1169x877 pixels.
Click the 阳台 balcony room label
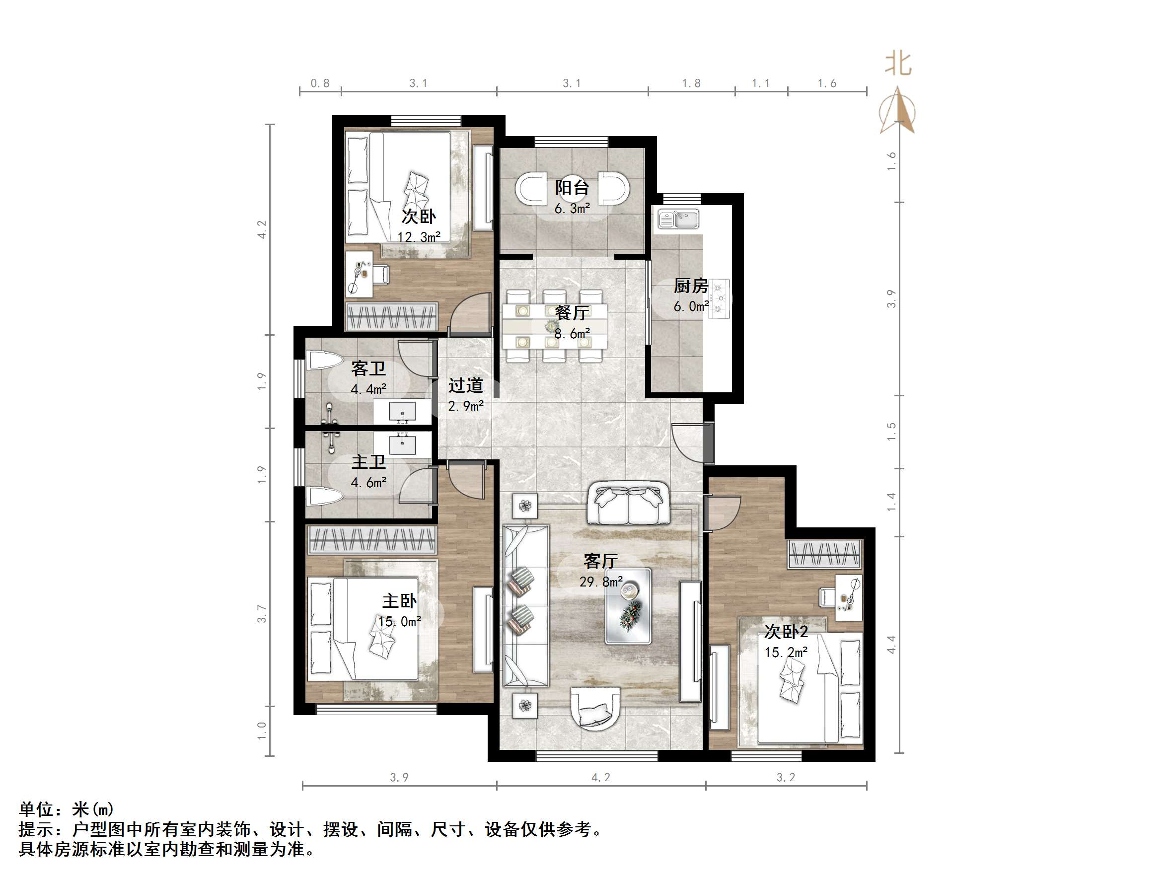coord(572,188)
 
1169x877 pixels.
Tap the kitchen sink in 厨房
coord(678,219)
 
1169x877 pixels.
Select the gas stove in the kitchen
coord(719,298)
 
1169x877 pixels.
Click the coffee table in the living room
coord(628,606)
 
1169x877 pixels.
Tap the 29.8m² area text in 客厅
coord(601,582)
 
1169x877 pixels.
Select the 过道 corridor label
coord(466,385)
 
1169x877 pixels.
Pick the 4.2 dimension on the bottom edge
coord(601,778)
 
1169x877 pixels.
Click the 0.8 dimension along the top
coord(320,83)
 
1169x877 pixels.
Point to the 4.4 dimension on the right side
coord(891,645)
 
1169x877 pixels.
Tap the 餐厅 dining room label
coord(572,312)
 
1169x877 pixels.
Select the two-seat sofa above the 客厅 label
coord(628,503)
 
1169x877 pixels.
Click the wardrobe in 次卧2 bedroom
coord(824,554)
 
